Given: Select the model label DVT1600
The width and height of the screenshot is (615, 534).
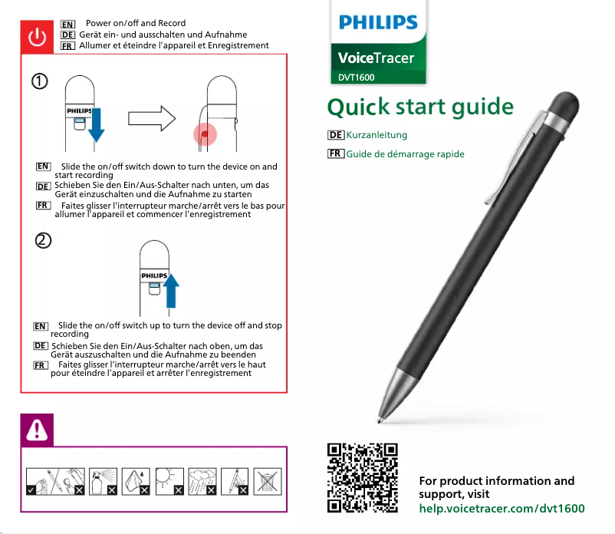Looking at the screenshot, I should click(x=357, y=77).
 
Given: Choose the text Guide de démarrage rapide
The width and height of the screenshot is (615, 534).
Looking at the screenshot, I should click(x=405, y=154).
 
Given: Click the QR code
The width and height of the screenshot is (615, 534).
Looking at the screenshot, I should click(x=362, y=477).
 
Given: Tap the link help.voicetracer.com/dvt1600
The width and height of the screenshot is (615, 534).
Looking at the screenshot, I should click(x=502, y=509).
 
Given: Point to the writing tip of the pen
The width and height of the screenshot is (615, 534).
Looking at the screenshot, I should click(x=381, y=420).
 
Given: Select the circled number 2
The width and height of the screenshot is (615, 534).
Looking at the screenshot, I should click(x=43, y=241).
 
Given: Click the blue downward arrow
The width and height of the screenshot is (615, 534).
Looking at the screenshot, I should click(x=96, y=126).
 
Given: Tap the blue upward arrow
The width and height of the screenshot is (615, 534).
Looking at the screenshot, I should click(x=171, y=289).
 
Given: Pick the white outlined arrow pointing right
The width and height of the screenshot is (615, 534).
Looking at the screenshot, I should click(x=152, y=119).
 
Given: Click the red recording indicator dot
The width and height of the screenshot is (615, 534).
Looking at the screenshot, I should click(x=205, y=135).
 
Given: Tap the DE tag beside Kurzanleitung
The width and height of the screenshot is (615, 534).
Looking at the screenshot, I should click(x=334, y=135).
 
